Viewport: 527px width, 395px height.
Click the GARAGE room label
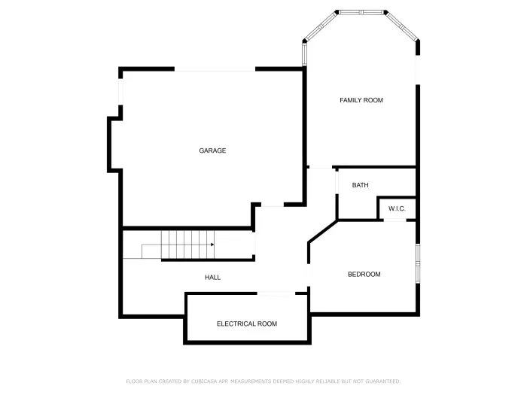click(212, 150)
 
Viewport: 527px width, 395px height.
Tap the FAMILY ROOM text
click(361, 100)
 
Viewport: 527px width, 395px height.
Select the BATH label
click(360, 185)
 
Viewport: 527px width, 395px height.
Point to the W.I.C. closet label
click(397, 208)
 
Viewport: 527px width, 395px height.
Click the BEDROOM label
click(364, 275)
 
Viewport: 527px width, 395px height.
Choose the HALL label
click(213, 278)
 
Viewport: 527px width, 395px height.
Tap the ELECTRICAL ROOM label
click(247, 324)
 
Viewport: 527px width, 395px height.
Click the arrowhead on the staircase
click(212, 245)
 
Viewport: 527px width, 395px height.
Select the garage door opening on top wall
click(215, 70)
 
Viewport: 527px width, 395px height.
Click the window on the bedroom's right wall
click(417, 263)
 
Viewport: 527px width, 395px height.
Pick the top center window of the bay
click(361, 12)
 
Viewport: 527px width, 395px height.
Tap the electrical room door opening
click(276, 293)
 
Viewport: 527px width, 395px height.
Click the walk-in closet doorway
click(396, 220)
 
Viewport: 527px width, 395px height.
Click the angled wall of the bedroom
click(322, 231)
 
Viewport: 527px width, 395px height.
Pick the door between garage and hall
click(272, 205)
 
